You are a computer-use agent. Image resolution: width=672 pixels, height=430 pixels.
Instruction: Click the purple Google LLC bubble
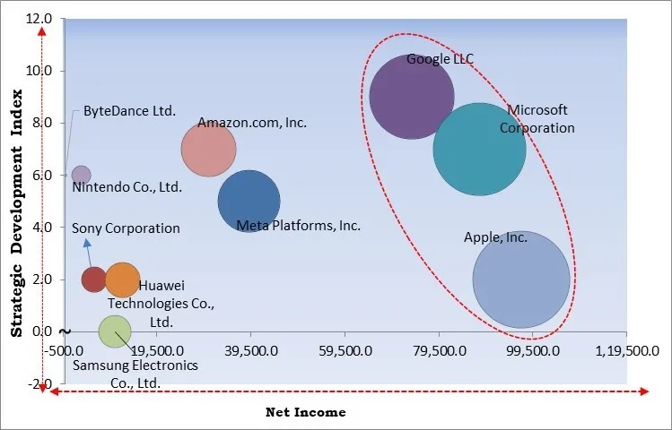click(x=411, y=97)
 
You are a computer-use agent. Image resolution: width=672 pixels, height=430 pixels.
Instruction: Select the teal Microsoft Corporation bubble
click(x=479, y=149)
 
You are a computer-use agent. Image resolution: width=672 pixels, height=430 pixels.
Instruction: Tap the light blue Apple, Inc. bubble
click(x=521, y=279)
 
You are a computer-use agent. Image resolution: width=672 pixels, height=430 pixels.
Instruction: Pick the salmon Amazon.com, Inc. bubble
click(x=208, y=150)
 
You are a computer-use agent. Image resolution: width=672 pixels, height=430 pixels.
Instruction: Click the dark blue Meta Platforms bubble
click(x=249, y=202)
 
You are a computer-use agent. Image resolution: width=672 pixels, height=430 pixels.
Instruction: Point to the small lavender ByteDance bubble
click(x=81, y=175)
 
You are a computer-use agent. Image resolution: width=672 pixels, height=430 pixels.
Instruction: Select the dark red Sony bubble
click(x=94, y=279)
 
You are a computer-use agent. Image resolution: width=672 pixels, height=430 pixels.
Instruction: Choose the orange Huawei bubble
click(x=122, y=279)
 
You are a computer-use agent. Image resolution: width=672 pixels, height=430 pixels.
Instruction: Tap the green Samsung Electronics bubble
click(x=114, y=331)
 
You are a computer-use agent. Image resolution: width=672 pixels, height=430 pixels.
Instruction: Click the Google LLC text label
click(x=440, y=60)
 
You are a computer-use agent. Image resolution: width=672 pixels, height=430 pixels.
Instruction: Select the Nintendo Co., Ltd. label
click(x=127, y=188)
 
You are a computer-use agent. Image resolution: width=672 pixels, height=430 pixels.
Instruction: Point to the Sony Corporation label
click(x=126, y=228)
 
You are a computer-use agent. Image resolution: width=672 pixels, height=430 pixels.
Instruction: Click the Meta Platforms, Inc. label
click(x=298, y=226)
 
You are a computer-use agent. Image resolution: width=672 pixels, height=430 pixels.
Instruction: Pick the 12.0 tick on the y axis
click(x=39, y=18)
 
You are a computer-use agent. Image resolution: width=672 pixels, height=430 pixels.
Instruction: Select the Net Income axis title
click(x=305, y=412)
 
